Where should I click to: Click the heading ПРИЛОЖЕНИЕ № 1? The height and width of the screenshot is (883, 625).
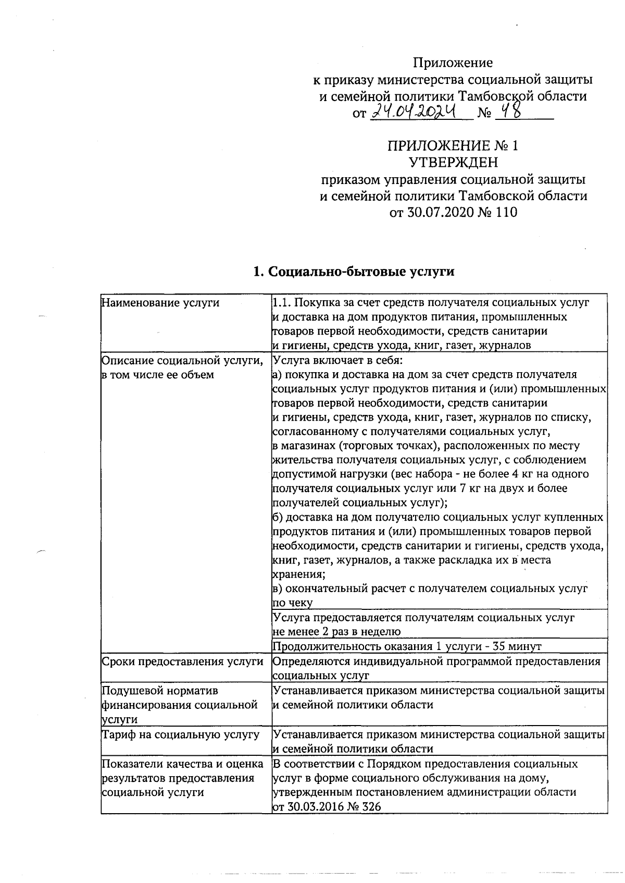point(453,145)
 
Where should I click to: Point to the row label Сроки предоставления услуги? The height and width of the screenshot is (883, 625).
point(182,661)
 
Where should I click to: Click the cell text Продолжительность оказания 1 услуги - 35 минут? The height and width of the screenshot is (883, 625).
point(407,646)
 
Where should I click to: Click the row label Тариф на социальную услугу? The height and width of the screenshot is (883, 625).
point(180,734)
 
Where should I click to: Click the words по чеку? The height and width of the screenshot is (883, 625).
point(293,603)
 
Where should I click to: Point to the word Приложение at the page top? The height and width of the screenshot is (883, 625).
point(453,63)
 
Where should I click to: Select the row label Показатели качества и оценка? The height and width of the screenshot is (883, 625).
point(182,764)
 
